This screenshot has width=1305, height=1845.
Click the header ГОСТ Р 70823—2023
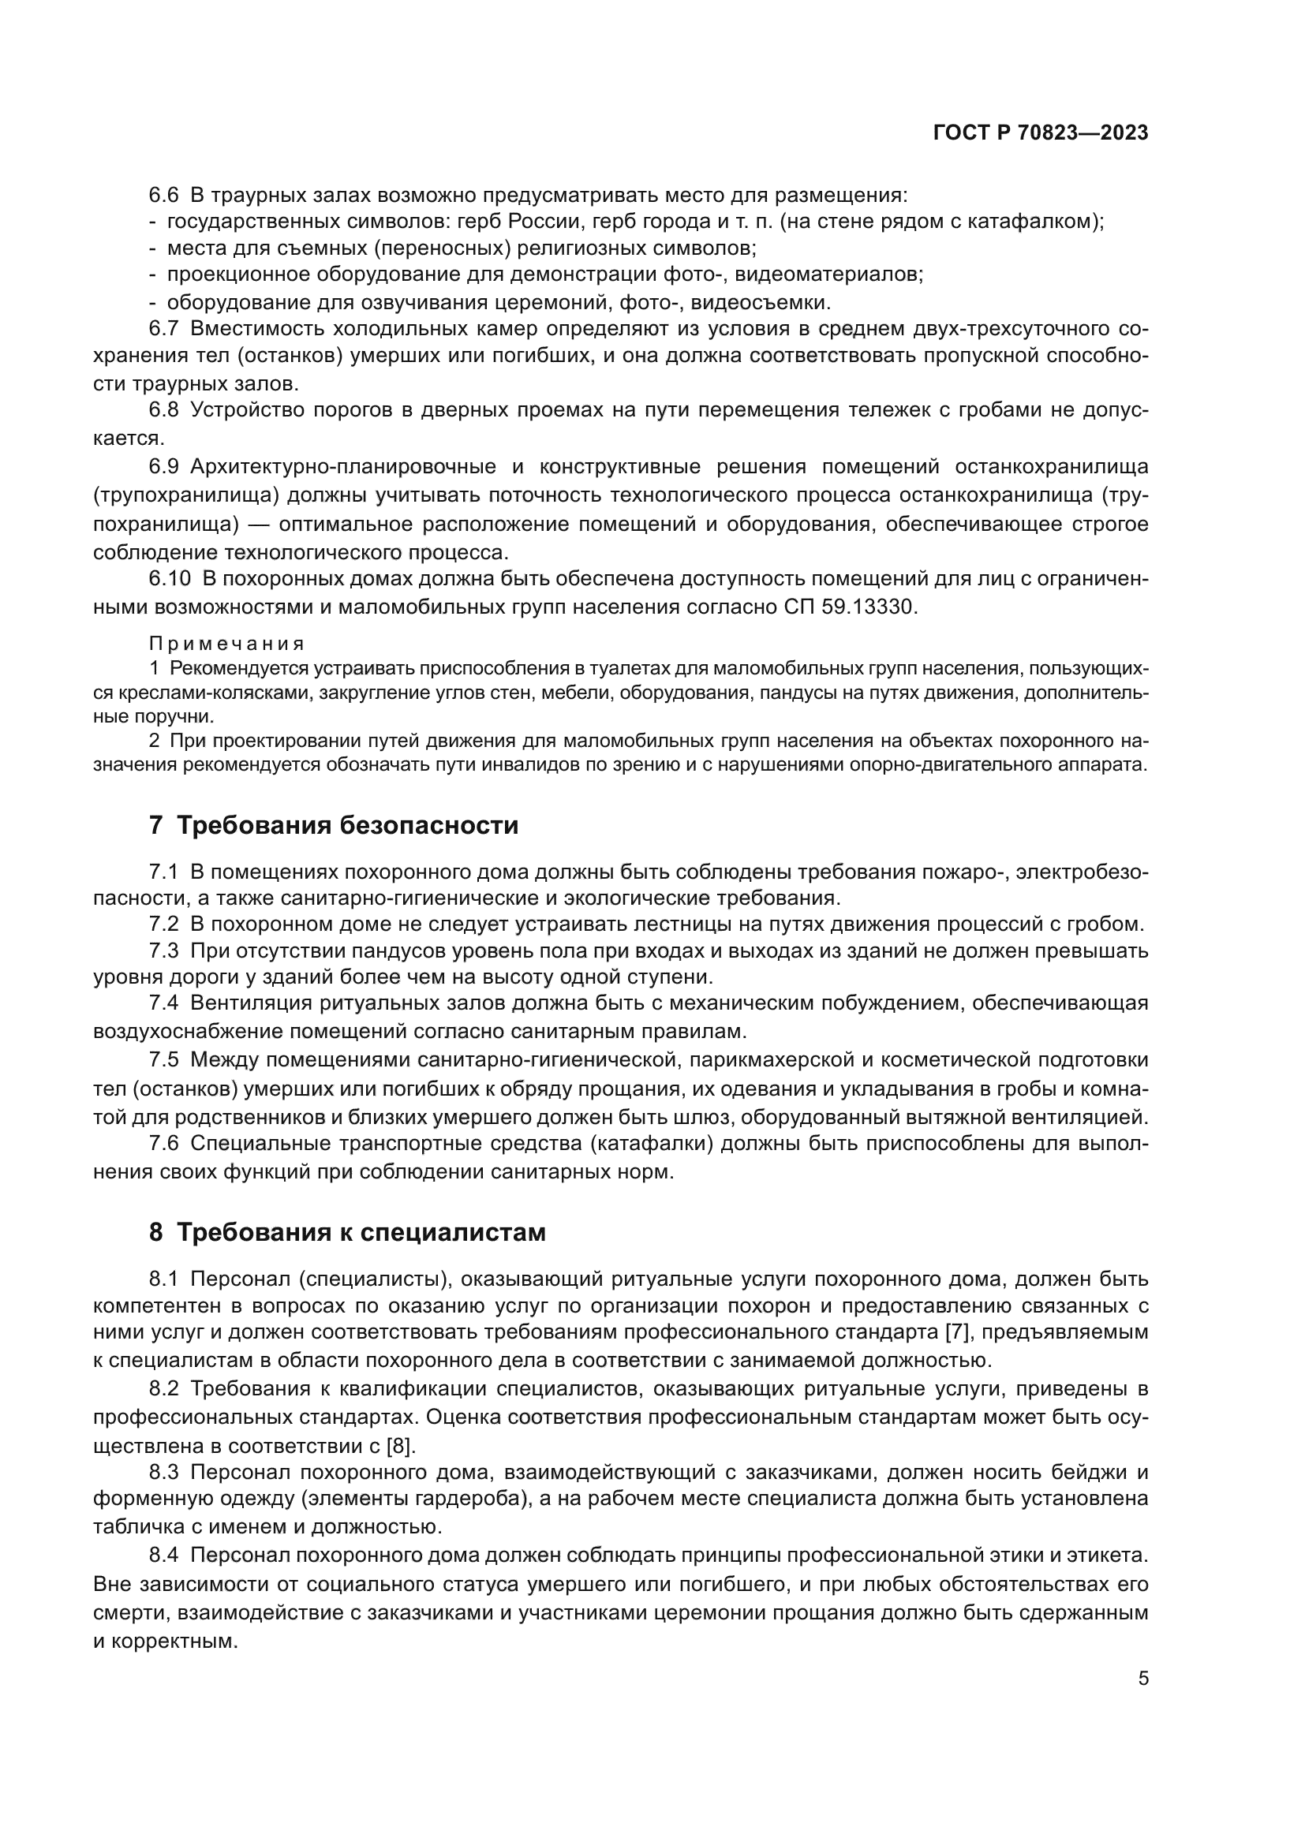pos(1041,133)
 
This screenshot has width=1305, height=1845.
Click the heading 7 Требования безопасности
pos(334,825)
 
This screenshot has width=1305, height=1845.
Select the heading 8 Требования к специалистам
pos(347,1232)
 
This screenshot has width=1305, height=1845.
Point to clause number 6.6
pos(164,196)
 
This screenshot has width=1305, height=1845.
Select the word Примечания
pos(226,644)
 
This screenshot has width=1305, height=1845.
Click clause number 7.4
pos(164,1003)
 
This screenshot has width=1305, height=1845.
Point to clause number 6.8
pos(164,411)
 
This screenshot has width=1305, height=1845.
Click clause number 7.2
pos(164,924)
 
